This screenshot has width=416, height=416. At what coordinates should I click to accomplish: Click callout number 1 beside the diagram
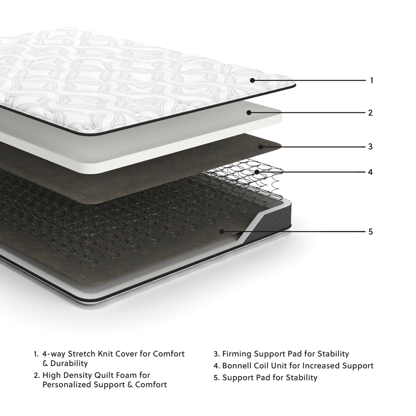click(x=371, y=80)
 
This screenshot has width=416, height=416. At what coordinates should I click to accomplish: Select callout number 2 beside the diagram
click(x=370, y=113)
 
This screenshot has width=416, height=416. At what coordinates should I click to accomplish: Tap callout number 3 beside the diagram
click(x=370, y=147)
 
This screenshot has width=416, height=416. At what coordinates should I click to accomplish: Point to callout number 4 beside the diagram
click(x=370, y=172)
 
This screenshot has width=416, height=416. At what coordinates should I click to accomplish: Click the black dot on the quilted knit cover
click(x=252, y=80)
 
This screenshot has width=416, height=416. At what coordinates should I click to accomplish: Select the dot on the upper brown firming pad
click(x=260, y=147)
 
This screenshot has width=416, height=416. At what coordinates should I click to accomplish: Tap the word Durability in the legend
click(x=69, y=363)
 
